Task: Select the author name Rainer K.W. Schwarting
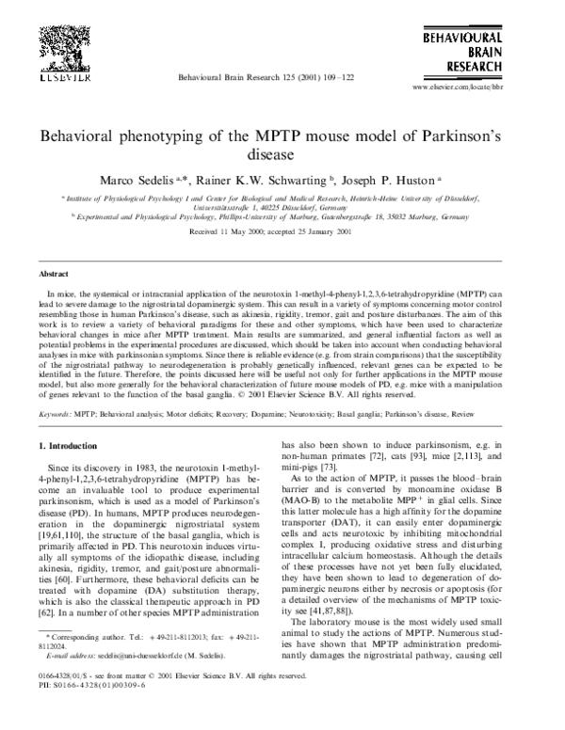pos(271,180)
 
